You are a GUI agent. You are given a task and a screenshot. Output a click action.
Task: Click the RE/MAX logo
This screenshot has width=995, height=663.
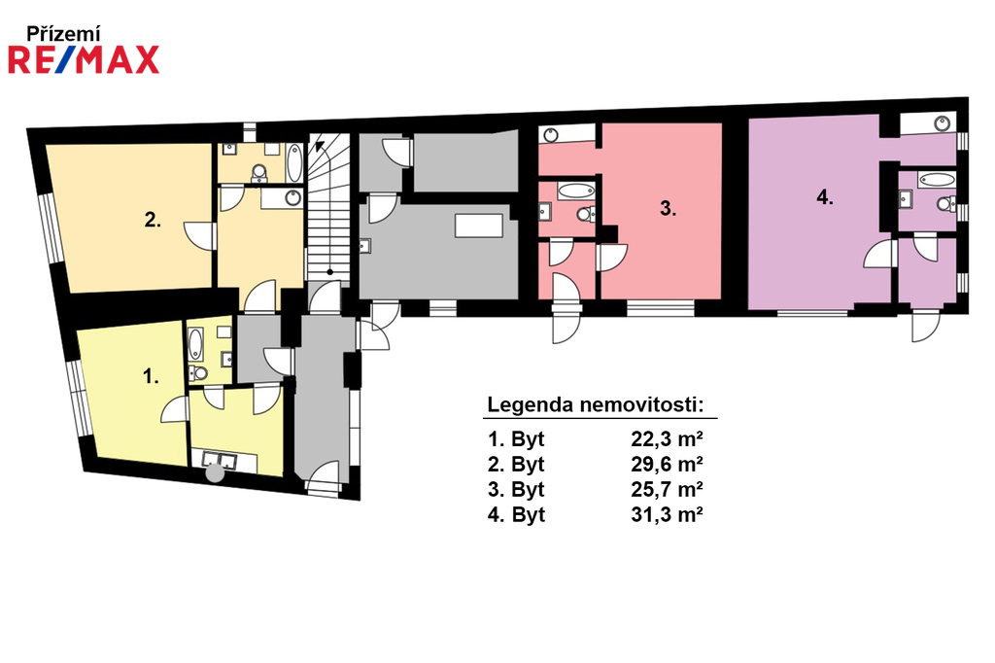pos(84,59)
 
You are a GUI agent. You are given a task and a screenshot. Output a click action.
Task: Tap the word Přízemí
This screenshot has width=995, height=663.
pos(63,34)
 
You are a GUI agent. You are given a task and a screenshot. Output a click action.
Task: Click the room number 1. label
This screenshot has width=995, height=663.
pos(151,376)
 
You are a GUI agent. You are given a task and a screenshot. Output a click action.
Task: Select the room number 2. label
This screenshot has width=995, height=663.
pos(153,220)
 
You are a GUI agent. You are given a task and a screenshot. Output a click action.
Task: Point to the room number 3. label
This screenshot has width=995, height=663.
pos(668,208)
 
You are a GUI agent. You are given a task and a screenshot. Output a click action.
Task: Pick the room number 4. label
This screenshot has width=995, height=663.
pos(825,197)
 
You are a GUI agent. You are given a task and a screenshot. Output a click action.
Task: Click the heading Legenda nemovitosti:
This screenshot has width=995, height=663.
pos(596,404)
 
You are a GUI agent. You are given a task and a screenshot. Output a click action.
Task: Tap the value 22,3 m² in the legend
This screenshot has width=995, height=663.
pos(667,438)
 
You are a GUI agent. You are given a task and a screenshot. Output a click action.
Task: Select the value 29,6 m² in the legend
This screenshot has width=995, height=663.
pos(667,465)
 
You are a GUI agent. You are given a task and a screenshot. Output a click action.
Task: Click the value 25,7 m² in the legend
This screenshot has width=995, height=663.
pos(667,489)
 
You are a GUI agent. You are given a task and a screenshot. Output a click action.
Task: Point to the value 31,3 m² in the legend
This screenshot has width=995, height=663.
pos(667,514)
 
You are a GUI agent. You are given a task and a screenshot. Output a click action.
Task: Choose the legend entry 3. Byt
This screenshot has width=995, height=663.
pos(516,489)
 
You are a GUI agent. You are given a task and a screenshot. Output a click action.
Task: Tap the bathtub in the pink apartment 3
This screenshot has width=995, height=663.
pos(576,190)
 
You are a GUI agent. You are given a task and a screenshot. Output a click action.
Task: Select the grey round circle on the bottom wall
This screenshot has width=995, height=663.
pos(215,473)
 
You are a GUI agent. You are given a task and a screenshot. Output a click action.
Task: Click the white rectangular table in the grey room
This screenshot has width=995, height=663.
pos(479,227)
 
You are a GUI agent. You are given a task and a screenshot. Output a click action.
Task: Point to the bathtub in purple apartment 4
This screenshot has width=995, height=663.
pos(938,179)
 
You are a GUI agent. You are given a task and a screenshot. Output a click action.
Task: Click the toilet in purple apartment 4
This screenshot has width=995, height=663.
pos(946,204)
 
